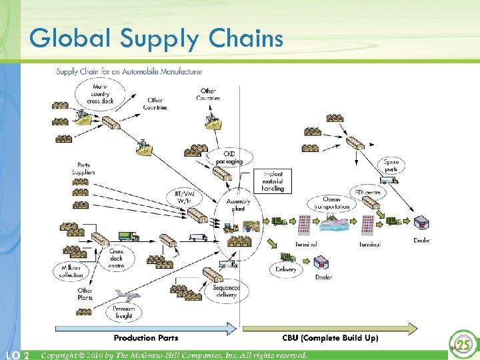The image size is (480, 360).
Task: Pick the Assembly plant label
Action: [238, 205]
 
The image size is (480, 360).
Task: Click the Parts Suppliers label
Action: [84, 169]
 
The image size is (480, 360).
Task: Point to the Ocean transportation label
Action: [331, 203]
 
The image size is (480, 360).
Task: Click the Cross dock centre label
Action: [116, 259]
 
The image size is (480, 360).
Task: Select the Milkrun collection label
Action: [71, 271]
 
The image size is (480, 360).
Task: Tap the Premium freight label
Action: [123, 313]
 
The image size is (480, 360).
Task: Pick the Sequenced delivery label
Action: [226, 291]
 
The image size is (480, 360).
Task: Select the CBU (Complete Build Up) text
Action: [329, 338]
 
